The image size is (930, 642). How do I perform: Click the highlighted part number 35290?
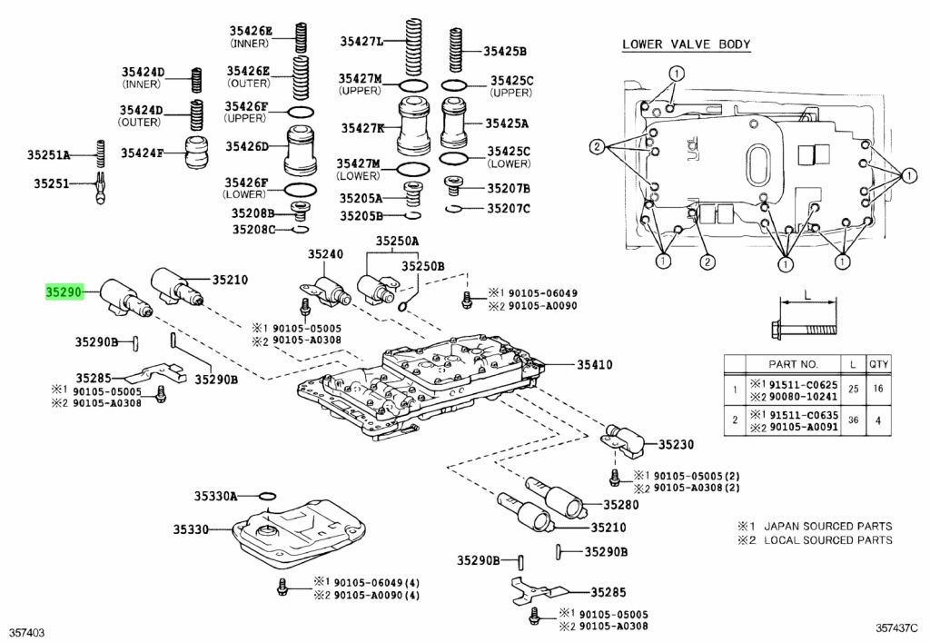65,292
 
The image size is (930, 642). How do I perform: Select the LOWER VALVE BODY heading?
686,44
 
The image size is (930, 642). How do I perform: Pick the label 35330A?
214,496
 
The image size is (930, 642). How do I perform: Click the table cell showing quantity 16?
878,389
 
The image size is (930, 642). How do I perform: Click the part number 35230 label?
676,445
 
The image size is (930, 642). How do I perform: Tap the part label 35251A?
59,154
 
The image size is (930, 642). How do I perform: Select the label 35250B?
423,265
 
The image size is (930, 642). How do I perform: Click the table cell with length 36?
853,420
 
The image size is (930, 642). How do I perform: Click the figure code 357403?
27,629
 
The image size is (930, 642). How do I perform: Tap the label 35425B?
505,52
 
